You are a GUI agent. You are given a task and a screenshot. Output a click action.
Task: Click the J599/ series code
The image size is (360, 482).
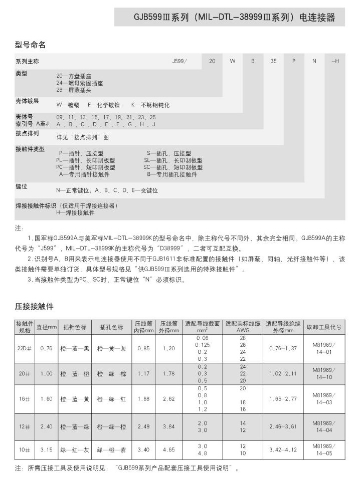[179, 61]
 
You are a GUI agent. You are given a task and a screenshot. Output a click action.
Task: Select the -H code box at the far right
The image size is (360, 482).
[335, 61]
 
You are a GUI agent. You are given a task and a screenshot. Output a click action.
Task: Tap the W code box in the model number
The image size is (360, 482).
[233, 61]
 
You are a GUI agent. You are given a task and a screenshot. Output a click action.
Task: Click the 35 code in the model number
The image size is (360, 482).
[273, 61]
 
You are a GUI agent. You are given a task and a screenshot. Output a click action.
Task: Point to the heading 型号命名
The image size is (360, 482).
[30, 45]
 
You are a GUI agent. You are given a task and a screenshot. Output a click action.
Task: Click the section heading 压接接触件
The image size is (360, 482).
[34, 306]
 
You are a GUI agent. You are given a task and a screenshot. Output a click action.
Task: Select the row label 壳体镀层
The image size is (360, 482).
[27, 101]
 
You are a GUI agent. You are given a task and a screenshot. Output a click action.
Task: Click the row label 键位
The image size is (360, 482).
[22, 186]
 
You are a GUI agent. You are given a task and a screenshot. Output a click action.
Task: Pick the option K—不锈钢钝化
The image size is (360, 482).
[150, 105]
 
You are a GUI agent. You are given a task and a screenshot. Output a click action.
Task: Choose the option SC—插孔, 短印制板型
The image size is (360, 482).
[173, 167]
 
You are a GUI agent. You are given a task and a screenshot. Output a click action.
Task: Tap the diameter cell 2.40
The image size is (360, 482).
[47, 427]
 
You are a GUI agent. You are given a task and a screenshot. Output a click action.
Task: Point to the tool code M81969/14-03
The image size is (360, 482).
[324, 399]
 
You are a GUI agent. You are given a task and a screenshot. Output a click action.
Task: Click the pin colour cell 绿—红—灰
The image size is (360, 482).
[74, 450]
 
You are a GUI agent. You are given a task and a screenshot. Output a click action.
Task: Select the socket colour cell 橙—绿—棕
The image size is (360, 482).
[111, 374]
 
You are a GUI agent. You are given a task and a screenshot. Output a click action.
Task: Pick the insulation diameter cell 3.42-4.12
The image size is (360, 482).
[283, 450]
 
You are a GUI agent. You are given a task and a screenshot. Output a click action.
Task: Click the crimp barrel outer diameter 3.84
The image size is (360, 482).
[168, 427]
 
